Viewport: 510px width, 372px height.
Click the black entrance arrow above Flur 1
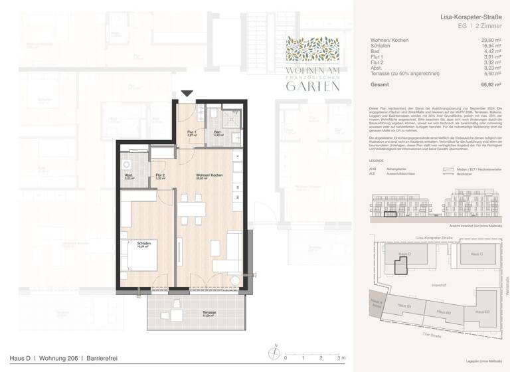coord(187,94)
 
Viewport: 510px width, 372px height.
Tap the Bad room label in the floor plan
coord(217,132)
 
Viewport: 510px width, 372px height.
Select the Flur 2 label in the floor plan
coord(160,176)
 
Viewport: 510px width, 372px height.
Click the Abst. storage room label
coord(129,176)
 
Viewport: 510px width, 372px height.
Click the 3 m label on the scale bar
coord(341,357)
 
